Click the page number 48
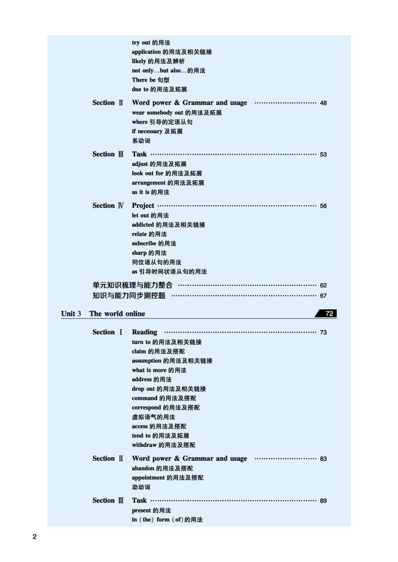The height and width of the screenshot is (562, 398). (324, 103)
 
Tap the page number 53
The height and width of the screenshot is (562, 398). (324, 155)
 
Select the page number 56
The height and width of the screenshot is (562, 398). (324, 206)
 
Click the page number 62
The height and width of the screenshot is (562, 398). (324, 286)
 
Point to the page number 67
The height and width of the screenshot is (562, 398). (324, 296)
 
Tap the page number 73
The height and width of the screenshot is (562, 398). (324, 333)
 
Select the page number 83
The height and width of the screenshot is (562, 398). (324, 459)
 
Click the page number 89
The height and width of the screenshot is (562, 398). (324, 501)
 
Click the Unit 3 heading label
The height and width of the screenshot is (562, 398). (71, 313)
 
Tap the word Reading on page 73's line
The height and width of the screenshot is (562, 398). (144, 332)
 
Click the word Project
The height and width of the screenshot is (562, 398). (143, 206)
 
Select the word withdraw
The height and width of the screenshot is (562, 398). (144, 445)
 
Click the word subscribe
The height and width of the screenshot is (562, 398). (144, 244)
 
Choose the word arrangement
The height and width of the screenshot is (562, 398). (149, 183)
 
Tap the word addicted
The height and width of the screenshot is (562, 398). (143, 225)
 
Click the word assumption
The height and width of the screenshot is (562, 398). (146, 361)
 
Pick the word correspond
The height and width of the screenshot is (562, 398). (147, 408)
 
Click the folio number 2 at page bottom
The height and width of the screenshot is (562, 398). (34, 537)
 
